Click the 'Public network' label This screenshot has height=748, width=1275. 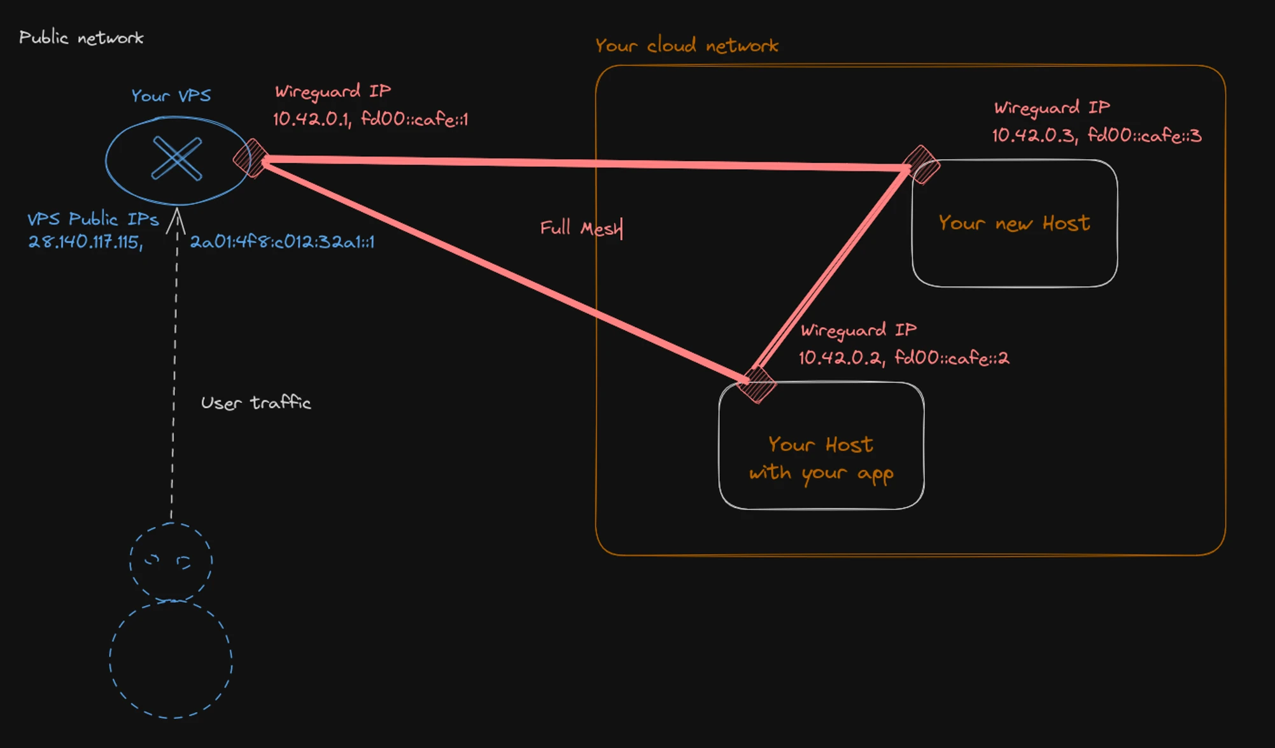point(81,38)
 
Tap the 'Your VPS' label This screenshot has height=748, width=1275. point(171,95)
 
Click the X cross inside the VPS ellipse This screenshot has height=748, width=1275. point(177,159)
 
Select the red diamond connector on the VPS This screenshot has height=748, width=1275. point(250,158)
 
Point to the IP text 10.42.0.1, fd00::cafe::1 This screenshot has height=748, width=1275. point(370,119)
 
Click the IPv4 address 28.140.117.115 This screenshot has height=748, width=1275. point(85,242)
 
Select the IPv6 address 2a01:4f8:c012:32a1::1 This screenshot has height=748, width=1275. point(282,242)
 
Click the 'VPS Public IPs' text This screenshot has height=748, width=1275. point(93,219)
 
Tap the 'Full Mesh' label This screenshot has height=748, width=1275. point(581,228)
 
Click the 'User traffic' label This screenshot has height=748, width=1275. point(256,403)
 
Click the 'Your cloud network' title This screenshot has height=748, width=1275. point(687,46)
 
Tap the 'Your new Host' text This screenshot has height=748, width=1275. point(1014,223)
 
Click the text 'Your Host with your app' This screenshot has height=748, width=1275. point(821,459)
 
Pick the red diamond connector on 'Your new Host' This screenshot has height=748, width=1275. point(921,164)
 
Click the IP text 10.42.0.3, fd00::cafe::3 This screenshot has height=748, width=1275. point(1097,135)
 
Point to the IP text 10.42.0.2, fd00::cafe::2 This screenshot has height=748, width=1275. point(904,358)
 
